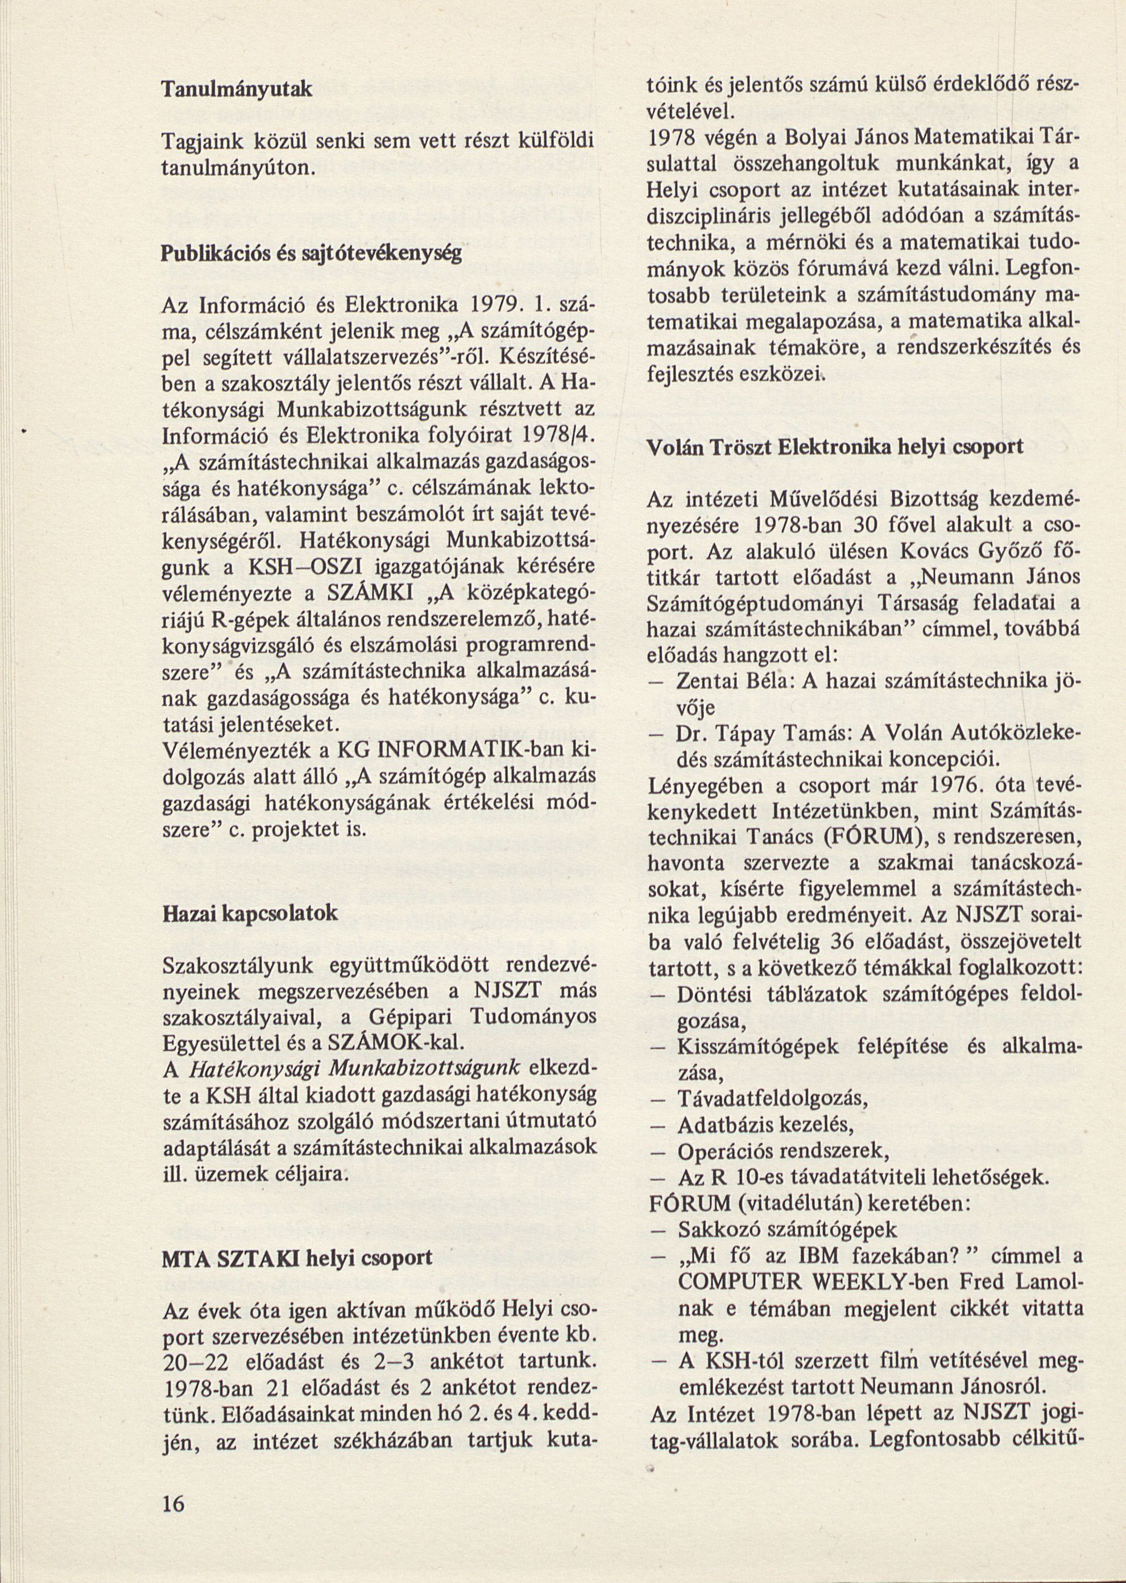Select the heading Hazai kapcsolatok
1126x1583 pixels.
[x=250, y=913]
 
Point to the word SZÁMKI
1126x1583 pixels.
[x=357, y=594]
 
